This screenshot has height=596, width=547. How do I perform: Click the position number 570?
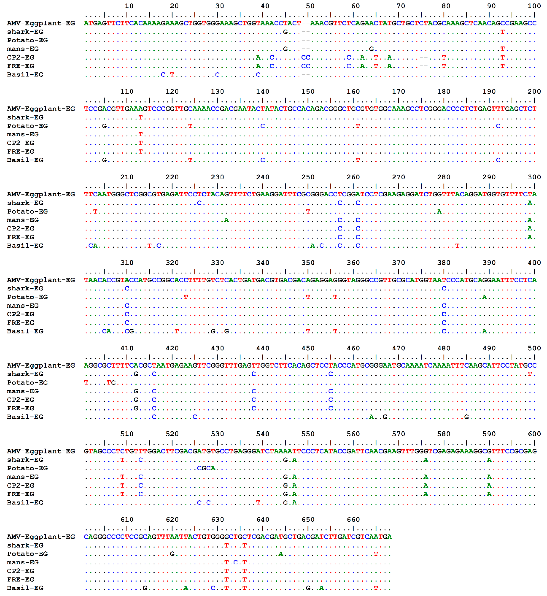398,434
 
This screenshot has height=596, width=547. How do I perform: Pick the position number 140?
263,92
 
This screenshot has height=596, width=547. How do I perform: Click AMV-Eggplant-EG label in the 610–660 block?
41,537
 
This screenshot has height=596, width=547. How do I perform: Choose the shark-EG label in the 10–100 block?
25,32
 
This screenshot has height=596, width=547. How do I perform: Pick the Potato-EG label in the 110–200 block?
27,126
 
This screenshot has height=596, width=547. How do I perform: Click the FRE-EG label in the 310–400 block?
21,323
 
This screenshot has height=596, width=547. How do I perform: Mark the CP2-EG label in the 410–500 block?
21,400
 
